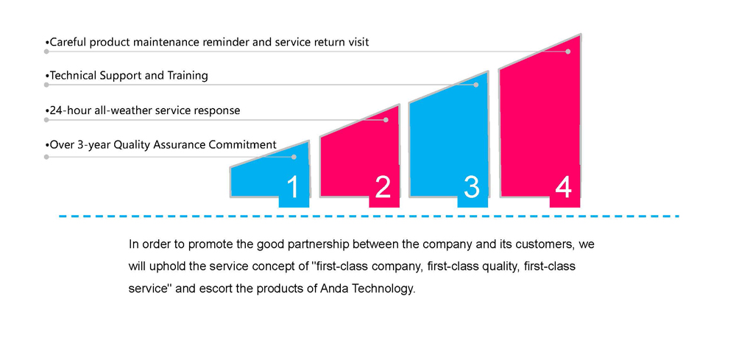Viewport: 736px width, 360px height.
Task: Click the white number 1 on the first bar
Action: click(x=292, y=187)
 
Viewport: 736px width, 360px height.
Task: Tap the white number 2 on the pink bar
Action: click(x=383, y=187)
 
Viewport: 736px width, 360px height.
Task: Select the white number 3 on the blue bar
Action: click(x=472, y=187)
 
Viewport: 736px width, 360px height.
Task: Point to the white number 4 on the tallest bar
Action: click(x=563, y=187)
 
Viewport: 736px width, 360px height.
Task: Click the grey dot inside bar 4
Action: click(x=568, y=52)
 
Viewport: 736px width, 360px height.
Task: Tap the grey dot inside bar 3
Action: click(x=476, y=85)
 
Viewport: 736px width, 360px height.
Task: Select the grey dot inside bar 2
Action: click(x=386, y=120)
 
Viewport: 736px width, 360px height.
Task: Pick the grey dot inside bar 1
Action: click(x=294, y=157)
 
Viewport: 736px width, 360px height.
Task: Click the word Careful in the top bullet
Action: click(x=68, y=42)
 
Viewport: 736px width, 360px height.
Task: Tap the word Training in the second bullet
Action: click(x=188, y=76)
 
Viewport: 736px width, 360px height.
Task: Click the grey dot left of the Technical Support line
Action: click(x=46, y=85)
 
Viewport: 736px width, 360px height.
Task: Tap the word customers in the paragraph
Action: click(x=546, y=245)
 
